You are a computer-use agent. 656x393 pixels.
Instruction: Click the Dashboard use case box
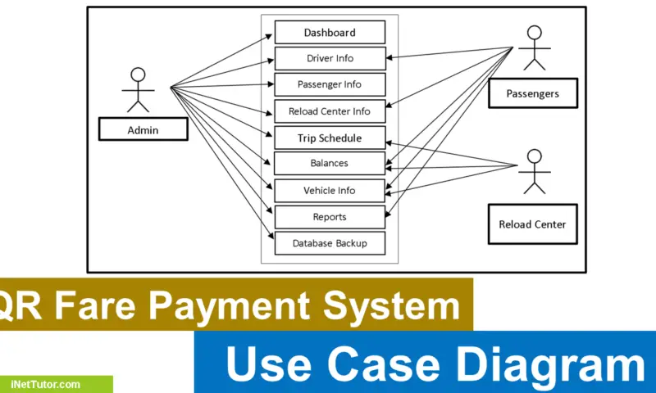[330, 33]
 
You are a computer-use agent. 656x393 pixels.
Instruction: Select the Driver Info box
[330, 58]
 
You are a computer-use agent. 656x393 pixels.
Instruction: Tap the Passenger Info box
[330, 84]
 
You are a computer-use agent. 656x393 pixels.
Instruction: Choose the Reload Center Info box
[330, 111]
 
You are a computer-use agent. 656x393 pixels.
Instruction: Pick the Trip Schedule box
[330, 138]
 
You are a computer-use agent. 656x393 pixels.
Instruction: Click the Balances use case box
[330, 163]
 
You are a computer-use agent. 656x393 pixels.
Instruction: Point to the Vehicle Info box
[330, 190]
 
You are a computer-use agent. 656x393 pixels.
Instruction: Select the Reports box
[330, 217]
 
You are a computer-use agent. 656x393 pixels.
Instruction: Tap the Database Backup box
[330, 243]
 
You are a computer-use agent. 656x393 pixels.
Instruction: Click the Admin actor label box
[143, 129]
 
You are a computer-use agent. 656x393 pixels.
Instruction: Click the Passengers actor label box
[532, 93]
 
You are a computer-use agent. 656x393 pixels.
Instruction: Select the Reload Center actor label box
[532, 224]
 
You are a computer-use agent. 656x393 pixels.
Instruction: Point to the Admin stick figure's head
[138, 74]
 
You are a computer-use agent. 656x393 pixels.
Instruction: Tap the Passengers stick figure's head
[535, 33]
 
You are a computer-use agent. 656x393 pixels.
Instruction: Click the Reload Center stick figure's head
[535, 156]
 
